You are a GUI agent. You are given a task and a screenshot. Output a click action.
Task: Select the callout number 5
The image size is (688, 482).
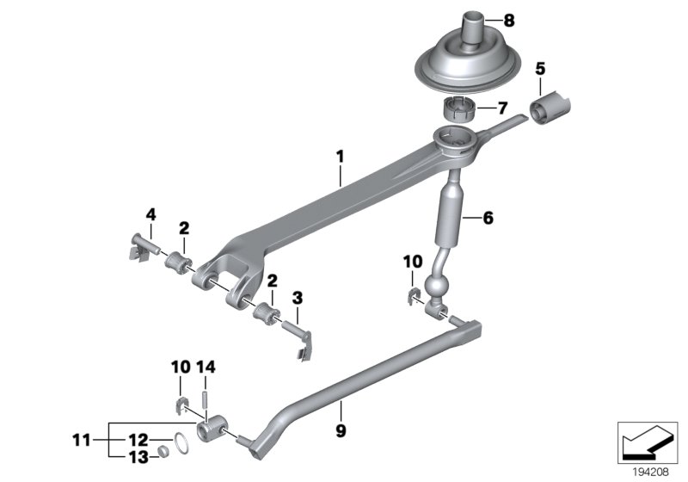point(540,66)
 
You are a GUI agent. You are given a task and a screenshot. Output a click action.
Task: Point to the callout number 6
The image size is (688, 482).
point(488,219)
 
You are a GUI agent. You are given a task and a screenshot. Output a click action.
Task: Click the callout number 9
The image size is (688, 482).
point(341,428)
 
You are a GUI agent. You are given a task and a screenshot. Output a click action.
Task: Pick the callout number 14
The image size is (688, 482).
point(206,367)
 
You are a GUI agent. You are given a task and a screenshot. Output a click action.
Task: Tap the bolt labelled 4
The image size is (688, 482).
point(139,246)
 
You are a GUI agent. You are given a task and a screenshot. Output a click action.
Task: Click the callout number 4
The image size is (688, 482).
point(150,213)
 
